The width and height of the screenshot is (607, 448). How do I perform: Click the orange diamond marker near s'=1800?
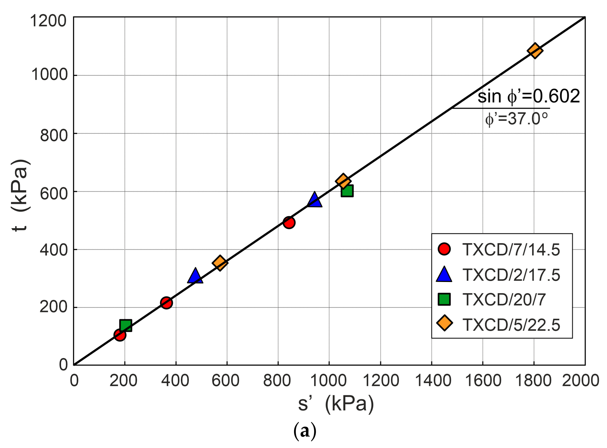pos(535,50)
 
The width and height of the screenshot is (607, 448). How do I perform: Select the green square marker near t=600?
pos(347,191)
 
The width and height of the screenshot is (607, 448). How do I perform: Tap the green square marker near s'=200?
pos(126,325)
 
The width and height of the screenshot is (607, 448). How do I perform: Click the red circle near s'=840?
pos(289,223)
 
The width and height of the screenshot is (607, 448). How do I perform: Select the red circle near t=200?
pos(166,303)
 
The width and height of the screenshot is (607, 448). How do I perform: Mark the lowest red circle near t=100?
pos(120,335)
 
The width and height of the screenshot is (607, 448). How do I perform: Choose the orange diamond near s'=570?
pos(220,263)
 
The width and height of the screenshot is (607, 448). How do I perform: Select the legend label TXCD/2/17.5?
pos(511,275)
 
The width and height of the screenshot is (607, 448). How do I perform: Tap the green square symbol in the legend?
pos(444,299)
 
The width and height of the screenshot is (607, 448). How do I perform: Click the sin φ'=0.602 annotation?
pos(529,96)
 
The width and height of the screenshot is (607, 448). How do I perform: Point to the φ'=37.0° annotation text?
pos(517,119)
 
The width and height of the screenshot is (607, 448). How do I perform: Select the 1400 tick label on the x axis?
pos(433,380)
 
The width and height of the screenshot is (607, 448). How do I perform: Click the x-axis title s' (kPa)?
pos(336,404)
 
